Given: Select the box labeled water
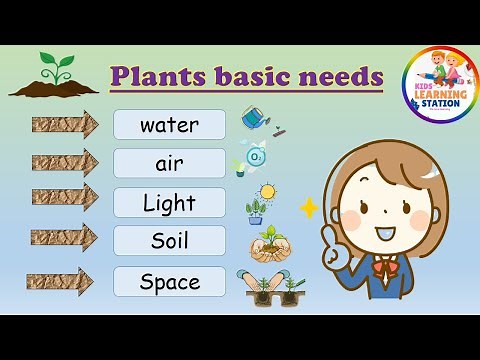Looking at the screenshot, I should click(x=169, y=125).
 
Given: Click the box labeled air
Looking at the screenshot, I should click(x=169, y=163).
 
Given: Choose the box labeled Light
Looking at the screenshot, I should click(x=169, y=203).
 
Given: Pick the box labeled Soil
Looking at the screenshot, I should click(x=169, y=241).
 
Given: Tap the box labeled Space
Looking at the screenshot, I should click(x=169, y=282).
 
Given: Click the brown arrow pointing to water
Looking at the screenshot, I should click(x=64, y=125).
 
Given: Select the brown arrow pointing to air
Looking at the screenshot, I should click(x=64, y=162).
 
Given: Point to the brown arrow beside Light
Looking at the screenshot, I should click(x=64, y=197).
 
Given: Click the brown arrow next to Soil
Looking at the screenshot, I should click(x=64, y=238).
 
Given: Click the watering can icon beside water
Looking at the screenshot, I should click(x=258, y=120).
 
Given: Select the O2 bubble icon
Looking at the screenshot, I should click(x=256, y=157).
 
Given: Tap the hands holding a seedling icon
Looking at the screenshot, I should click(x=267, y=243).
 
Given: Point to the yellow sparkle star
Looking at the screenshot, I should click(x=308, y=208).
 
